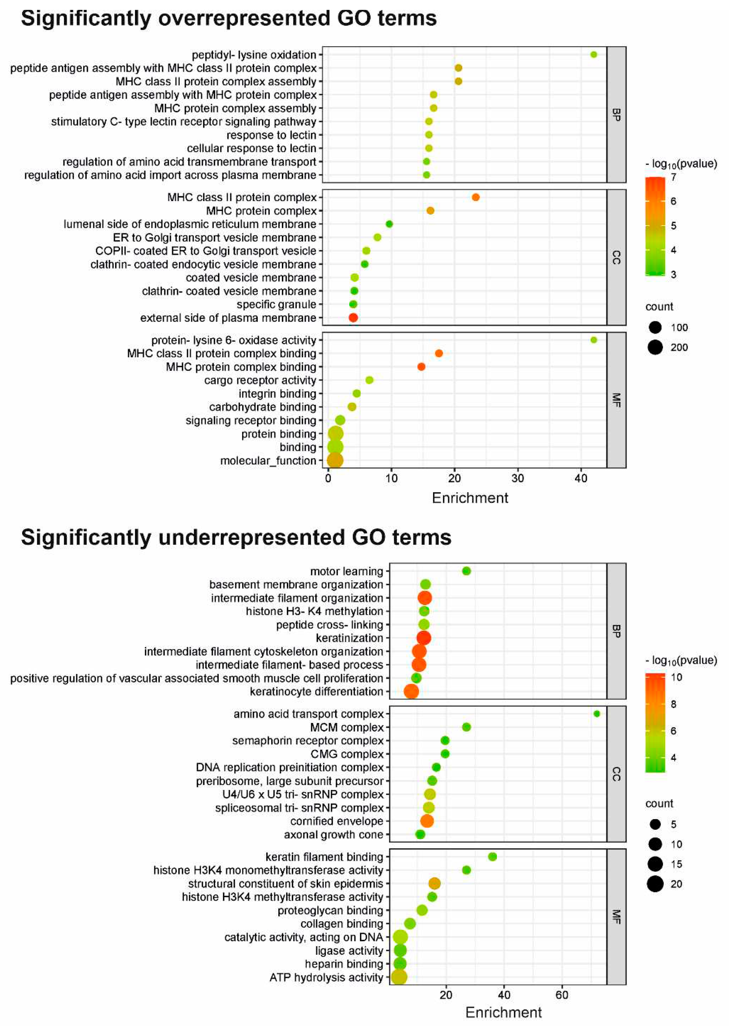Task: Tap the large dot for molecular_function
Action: [x=335, y=460]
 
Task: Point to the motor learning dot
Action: [x=466, y=571]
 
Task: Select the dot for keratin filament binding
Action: [x=492, y=857]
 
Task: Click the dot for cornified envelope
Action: [x=427, y=821]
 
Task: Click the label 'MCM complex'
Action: [x=347, y=727]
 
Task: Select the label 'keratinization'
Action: [x=350, y=638]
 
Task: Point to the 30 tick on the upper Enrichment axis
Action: [x=518, y=478]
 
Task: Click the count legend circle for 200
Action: [x=655, y=347]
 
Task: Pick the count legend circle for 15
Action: [x=655, y=864]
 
